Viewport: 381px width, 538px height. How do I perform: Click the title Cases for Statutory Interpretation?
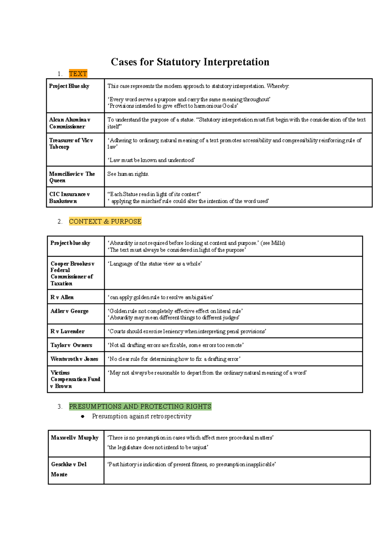[190, 62]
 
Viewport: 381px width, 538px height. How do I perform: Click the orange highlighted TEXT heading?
[78, 74]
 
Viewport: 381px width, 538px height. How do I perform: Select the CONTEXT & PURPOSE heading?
[105, 221]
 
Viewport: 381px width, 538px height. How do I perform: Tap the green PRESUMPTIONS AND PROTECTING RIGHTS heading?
[140, 407]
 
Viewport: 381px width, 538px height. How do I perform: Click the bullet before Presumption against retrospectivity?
[83, 416]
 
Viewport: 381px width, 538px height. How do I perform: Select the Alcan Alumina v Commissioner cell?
[70, 123]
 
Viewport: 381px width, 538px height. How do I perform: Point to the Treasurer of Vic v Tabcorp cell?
[71, 143]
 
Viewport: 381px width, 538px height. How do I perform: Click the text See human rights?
[128, 174]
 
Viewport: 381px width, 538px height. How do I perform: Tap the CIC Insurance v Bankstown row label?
[69, 198]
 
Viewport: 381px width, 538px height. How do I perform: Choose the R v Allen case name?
[62, 297]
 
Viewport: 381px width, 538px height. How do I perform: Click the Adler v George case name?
[69, 311]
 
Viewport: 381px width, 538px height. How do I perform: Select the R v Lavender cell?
[67, 331]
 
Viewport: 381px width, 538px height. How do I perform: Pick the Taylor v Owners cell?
[71, 345]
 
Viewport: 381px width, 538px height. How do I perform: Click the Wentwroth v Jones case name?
[74, 359]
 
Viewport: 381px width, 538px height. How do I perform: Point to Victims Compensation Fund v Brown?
[75, 379]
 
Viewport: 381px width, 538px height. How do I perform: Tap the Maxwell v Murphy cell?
[75, 438]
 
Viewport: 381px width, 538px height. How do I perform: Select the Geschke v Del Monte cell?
[69, 469]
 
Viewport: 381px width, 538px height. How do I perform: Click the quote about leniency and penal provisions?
[187, 331]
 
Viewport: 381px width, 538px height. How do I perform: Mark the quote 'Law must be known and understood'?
[151, 160]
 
